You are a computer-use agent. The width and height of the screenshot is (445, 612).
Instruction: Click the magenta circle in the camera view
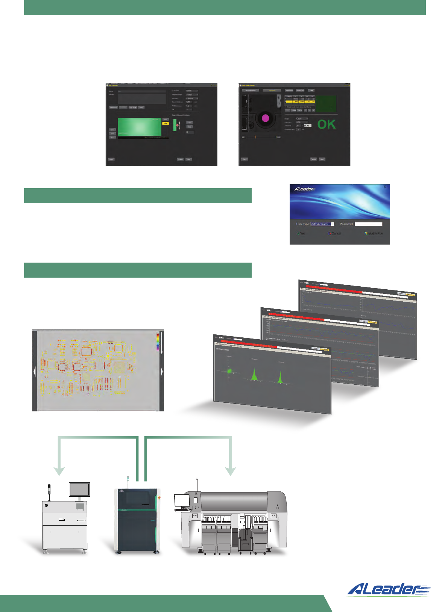pos(266,118)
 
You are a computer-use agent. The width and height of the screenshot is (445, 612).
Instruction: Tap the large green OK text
pos(326,124)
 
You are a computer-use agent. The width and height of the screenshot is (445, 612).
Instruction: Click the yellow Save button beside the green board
pos(165,123)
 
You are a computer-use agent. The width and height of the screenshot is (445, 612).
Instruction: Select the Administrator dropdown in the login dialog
pos(322,224)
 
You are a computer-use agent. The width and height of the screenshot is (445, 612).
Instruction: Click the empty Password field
pos(369,224)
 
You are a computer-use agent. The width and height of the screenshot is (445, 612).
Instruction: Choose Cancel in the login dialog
pos(334,233)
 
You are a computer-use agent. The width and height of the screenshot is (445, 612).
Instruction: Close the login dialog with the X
pos(384,187)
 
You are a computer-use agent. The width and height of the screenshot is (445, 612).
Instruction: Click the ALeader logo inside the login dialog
pos(304,189)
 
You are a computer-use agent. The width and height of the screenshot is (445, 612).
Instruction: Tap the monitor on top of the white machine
pos(79,490)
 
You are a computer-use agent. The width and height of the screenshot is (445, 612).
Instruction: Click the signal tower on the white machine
pos(49,491)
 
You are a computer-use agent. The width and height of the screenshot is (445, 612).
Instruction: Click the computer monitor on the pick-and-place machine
pos(182,500)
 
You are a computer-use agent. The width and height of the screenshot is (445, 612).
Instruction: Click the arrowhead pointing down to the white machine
pos(59,471)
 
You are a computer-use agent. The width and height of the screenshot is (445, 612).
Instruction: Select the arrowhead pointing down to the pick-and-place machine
pos(230,471)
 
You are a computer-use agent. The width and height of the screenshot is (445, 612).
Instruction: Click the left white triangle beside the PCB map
pos(35,372)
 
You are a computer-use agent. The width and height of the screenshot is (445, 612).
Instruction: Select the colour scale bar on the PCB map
pos(158,342)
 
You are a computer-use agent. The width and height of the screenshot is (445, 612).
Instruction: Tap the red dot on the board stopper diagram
pos(178,125)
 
